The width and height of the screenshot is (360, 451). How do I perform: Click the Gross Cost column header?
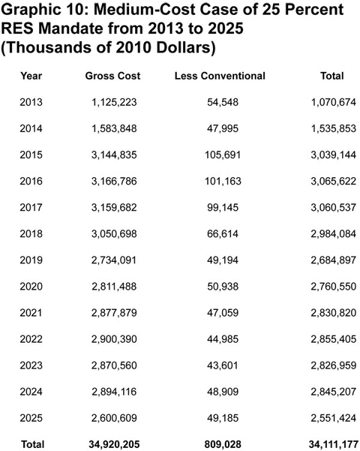click(113, 76)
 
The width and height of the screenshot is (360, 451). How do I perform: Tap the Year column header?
click(31, 76)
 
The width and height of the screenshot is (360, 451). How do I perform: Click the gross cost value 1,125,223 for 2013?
click(115, 102)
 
